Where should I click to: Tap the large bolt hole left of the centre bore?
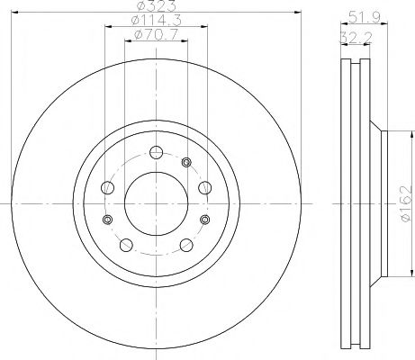109,187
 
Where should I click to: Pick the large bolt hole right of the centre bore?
203,187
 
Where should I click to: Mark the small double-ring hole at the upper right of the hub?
187,163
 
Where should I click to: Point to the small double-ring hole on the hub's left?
109,220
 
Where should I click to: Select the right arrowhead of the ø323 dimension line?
296,13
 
